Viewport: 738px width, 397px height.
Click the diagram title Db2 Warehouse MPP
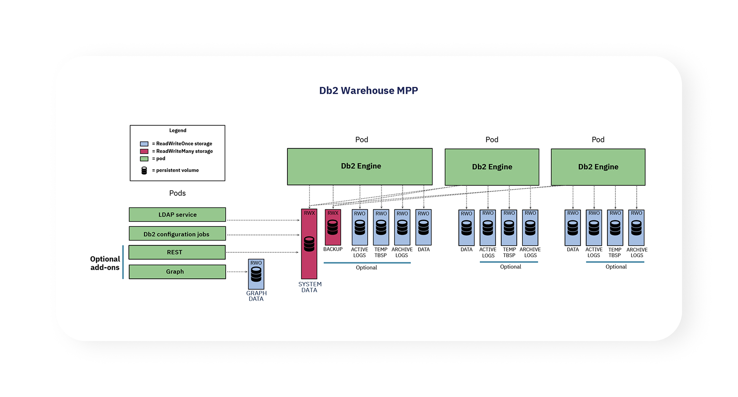pos(368,90)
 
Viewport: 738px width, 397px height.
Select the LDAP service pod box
pos(177,215)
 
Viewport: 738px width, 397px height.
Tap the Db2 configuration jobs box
pos(177,234)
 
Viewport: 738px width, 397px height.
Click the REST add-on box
pos(177,252)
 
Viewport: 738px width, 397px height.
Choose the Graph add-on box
pos(177,272)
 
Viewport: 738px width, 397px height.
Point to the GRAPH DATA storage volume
pos(256,274)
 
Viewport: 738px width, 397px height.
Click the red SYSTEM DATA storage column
pos(309,244)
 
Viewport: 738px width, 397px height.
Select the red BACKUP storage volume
pos(333,227)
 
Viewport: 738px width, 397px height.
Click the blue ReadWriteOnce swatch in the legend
pos(144,143)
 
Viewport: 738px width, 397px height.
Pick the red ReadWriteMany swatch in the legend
pos(144,151)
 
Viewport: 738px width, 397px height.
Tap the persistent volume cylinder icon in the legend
pos(144,170)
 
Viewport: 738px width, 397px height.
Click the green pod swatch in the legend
pos(144,158)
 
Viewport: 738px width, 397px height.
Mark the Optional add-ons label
pos(105,263)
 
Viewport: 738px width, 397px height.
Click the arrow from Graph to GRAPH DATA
pos(237,272)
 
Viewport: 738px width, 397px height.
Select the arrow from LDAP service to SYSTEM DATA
pos(263,220)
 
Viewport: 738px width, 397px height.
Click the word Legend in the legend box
pos(178,130)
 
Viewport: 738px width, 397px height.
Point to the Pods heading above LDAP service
pos(177,193)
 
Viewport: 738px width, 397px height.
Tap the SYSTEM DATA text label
pos(310,287)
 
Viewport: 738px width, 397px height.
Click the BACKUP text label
pos(333,249)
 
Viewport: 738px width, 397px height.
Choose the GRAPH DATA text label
pos(256,296)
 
